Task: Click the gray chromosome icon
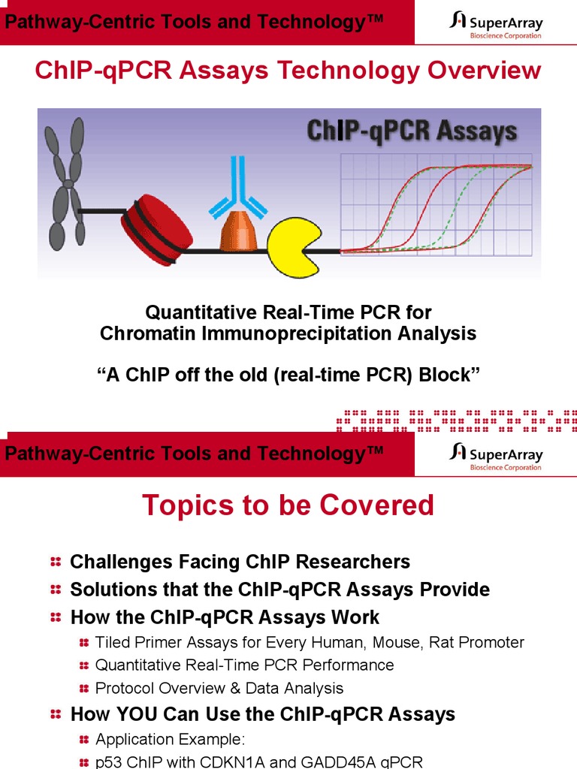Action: tap(65, 185)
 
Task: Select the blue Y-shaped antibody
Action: tap(238, 187)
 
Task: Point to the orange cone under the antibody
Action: tap(238, 232)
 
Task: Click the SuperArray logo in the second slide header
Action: tap(496, 455)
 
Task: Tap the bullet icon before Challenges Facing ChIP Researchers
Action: tap(56, 562)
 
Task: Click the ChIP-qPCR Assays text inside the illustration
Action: tap(412, 132)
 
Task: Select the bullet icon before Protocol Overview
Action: tap(83, 689)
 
